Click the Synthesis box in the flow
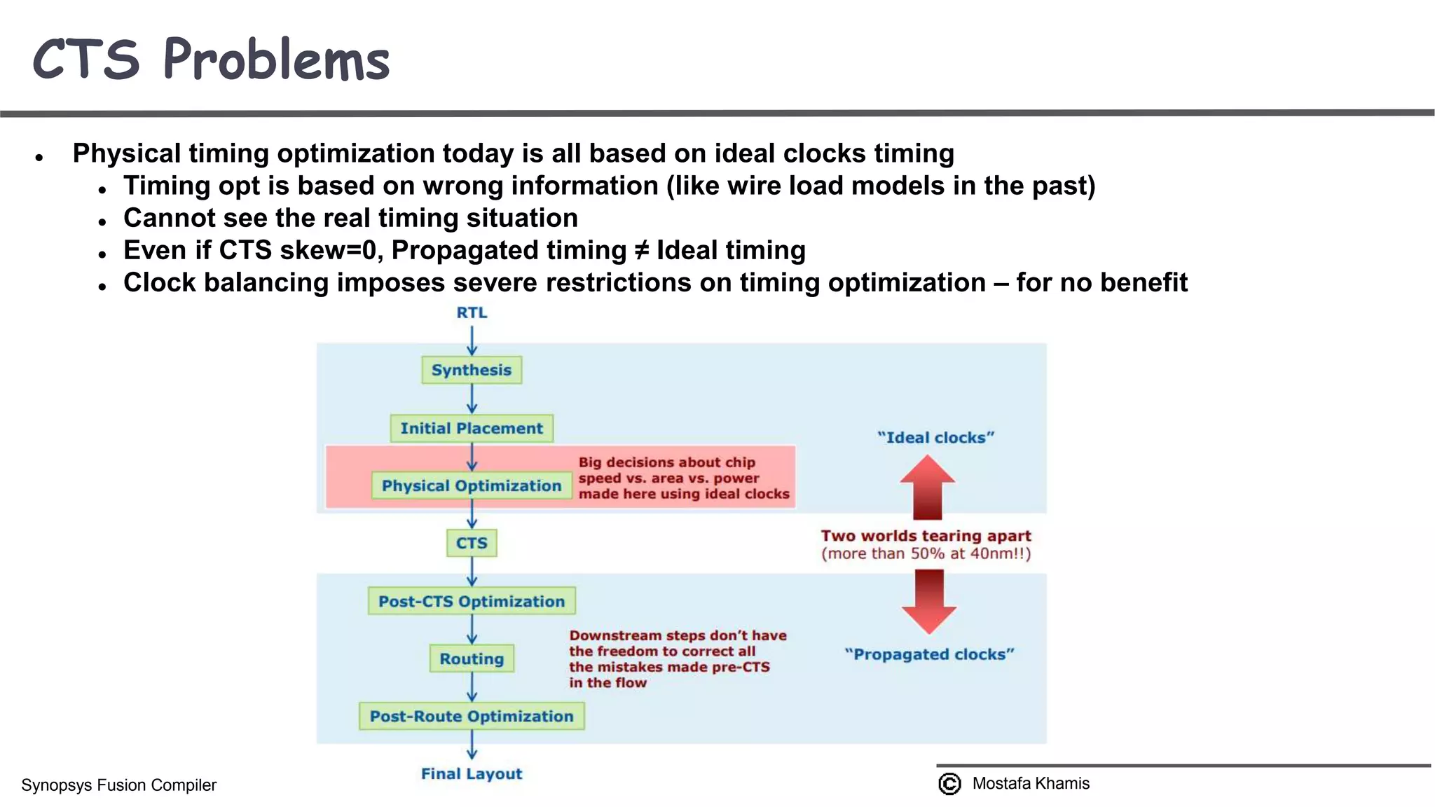click(x=472, y=370)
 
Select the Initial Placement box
click(x=472, y=428)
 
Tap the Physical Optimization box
click(x=472, y=485)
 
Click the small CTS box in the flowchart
click(x=472, y=543)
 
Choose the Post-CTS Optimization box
click(x=472, y=601)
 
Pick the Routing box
click(x=472, y=658)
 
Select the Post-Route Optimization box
click(x=472, y=716)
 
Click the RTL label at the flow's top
click(x=472, y=312)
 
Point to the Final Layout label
click(x=472, y=773)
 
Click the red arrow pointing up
click(x=928, y=487)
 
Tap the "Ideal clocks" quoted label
click(x=935, y=437)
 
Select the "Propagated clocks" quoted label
click(x=929, y=654)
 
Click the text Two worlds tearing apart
click(x=926, y=536)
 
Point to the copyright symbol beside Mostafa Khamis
click(x=949, y=783)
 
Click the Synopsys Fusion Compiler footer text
click(x=118, y=785)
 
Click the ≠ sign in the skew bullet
click(x=641, y=250)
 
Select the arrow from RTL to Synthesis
click(x=472, y=340)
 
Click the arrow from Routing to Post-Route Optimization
click(x=472, y=687)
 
